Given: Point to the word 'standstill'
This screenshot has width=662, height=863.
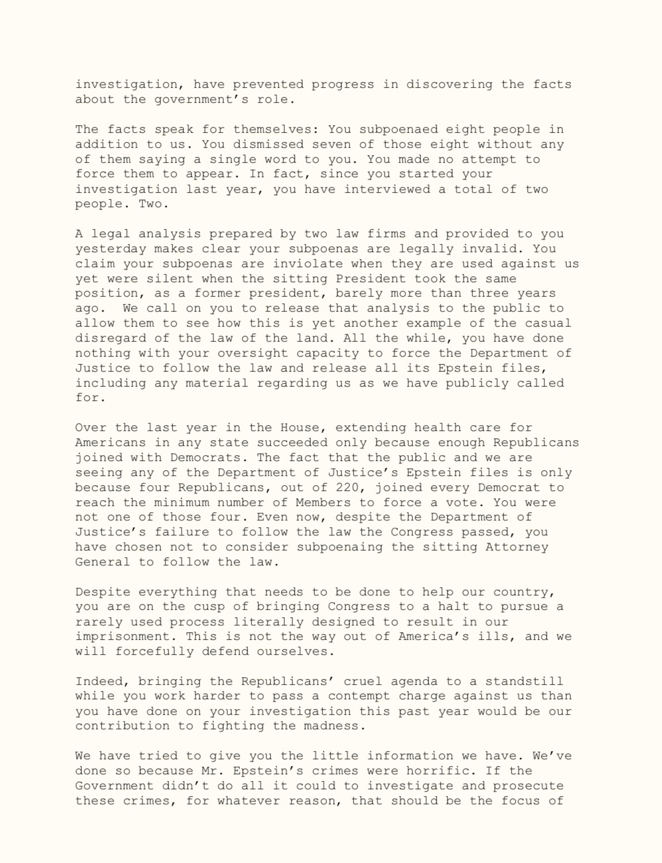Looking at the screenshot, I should (x=524, y=681).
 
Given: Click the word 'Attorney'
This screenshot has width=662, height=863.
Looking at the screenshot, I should (x=517, y=547).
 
